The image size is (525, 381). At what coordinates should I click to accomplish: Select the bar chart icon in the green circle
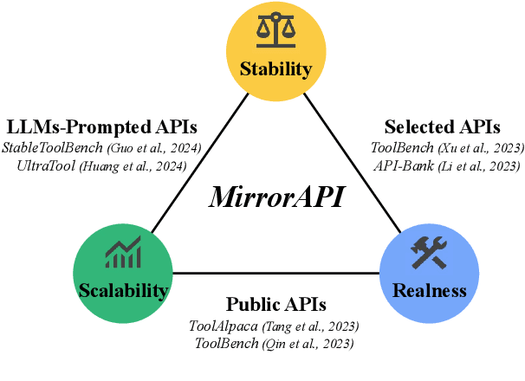[122, 254]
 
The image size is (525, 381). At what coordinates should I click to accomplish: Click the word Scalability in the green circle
[122, 290]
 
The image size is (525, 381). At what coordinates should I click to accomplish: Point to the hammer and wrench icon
[430, 253]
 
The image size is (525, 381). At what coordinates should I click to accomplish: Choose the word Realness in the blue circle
[430, 290]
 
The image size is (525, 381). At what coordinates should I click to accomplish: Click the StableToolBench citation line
[101, 147]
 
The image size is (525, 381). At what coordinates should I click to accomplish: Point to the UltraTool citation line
[101, 165]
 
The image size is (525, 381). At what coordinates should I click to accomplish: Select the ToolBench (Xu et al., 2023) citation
[447, 147]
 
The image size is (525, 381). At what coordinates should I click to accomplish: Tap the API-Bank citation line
[447, 165]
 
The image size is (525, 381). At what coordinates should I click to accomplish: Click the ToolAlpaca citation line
[274, 326]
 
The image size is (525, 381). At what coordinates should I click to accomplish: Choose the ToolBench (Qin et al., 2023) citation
[274, 344]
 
